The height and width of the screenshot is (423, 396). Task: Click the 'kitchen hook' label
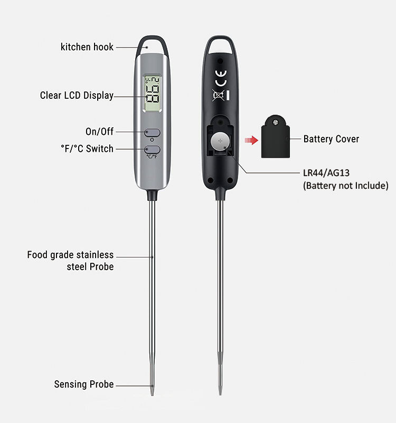point(87,47)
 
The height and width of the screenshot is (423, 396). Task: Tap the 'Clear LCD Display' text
point(77,96)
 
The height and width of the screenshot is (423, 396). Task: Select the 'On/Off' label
point(99,131)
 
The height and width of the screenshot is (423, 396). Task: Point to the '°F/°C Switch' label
point(87,149)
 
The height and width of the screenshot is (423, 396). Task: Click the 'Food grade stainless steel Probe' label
point(70,261)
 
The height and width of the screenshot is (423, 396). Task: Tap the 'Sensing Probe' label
point(83,384)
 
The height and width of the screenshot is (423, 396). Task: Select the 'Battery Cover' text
point(331,139)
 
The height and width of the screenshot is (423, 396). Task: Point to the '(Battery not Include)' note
point(345,186)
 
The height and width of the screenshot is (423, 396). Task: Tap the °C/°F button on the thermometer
point(152,151)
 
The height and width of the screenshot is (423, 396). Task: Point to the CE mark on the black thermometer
point(220,75)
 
